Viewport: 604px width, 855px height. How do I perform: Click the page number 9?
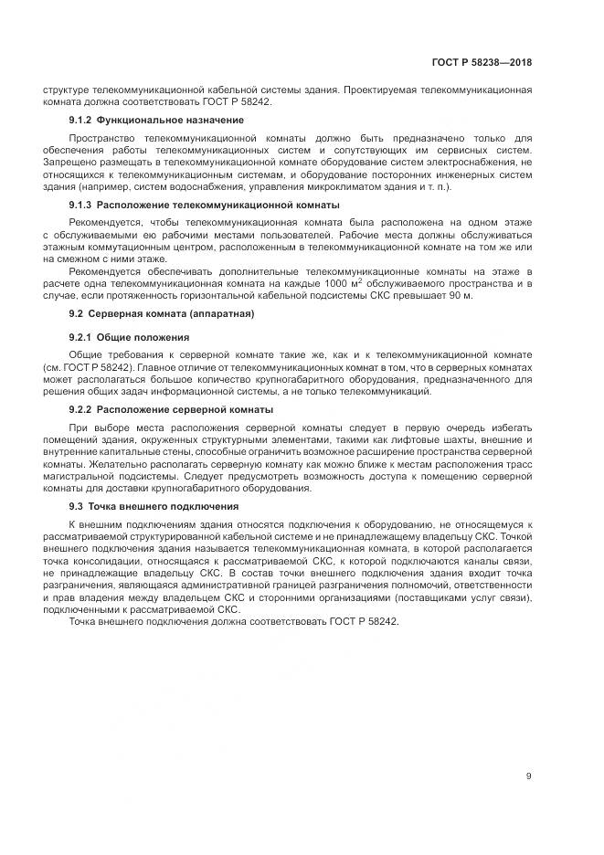pyautogui.click(x=529, y=776)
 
